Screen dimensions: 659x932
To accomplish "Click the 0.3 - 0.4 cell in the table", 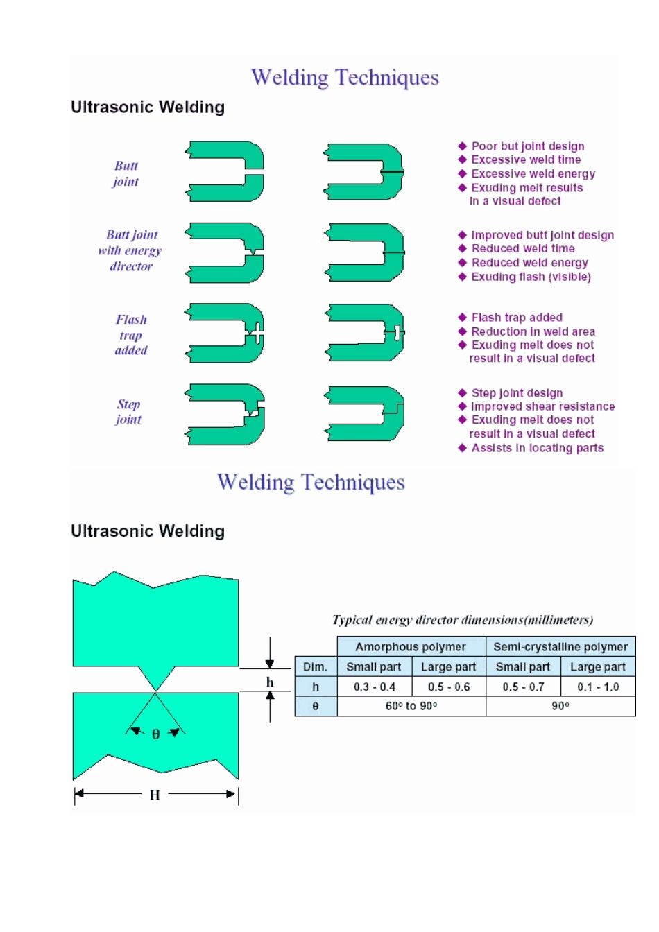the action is click(375, 687).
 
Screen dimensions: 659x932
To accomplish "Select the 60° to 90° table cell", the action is click(411, 706).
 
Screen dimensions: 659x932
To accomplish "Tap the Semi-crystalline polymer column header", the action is click(560, 647).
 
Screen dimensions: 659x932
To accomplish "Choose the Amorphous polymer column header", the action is click(411, 647).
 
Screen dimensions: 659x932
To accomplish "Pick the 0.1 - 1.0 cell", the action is click(598, 687).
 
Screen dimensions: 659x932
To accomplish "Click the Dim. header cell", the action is click(315, 667).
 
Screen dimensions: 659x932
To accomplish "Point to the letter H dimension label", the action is click(155, 795).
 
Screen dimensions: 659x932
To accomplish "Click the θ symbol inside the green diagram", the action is click(155, 734).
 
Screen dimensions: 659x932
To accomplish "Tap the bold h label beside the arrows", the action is click(270, 682).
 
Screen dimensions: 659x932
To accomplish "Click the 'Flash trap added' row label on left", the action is click(131, 335).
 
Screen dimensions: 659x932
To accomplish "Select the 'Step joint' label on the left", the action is click(128, 412).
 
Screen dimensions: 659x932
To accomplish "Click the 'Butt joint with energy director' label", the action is click(130, 250).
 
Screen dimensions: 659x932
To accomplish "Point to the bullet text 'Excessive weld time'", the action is click(526, 159).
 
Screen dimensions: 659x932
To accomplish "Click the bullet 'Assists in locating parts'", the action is click(538, 448).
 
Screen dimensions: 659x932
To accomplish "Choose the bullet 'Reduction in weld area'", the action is click(533, 331).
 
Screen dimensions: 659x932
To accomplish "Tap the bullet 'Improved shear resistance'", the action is click(542, 406).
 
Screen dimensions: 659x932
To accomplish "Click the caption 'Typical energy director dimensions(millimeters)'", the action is click(463, 620).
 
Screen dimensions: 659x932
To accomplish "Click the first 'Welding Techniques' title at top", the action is click(345, 77).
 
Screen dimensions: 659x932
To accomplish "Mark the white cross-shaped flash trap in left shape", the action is click(256, 334).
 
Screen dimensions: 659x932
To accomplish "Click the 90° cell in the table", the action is click(560, 706).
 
